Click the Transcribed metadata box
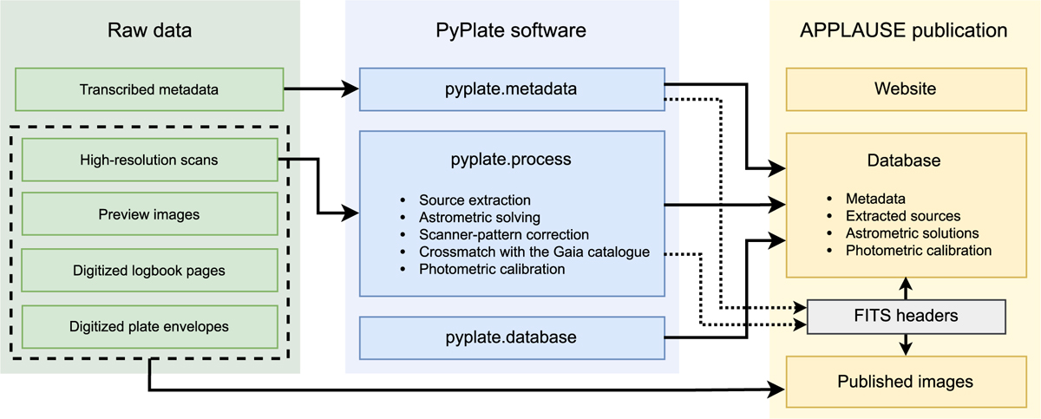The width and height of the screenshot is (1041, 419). point(149,89)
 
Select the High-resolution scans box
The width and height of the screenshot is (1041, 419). point(149,160)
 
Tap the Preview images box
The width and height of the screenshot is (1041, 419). point(149,214)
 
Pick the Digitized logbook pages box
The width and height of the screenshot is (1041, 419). point(149,270)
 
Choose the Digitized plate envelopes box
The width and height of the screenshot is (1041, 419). point(149,326)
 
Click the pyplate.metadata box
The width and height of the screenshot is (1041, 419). point(511,89)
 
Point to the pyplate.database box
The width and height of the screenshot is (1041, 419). point(511,337)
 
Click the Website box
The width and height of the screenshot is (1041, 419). point(905,89)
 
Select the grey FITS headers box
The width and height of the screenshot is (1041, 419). point(906,316)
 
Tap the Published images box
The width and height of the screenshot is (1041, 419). point(905,381)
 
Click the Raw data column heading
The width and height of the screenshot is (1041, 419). point(149,31)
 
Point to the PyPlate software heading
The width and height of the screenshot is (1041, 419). point(511,31)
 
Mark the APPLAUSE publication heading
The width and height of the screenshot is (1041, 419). point(904,31)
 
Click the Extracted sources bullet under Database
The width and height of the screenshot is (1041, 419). point(903,216)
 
